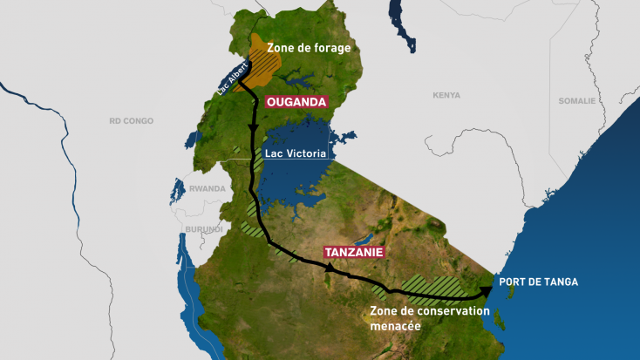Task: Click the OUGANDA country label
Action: (296, 102)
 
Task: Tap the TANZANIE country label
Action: (354, 253)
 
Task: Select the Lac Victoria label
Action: (295, 153)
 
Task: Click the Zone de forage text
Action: (309, 47)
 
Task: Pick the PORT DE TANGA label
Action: (538, 282)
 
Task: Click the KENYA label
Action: (446, 95)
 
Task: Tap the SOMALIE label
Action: (576, 100)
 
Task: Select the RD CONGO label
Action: (131, 120)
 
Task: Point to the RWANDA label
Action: (207, 188)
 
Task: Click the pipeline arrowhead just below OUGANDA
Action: (254, 128)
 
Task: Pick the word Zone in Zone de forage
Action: (281, 47)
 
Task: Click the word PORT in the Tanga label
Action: (513, 282)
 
